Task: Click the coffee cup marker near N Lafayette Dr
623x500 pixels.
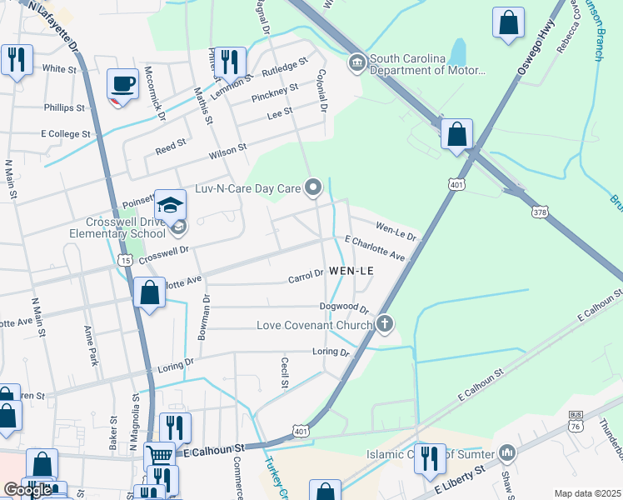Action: (123, 83)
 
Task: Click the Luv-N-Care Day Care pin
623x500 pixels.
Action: (313, 188)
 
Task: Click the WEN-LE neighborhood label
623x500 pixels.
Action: (351, 272)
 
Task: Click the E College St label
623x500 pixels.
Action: (65, 133)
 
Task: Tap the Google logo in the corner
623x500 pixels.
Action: (27, 490)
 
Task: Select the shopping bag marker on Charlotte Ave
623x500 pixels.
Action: (148, 293)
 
